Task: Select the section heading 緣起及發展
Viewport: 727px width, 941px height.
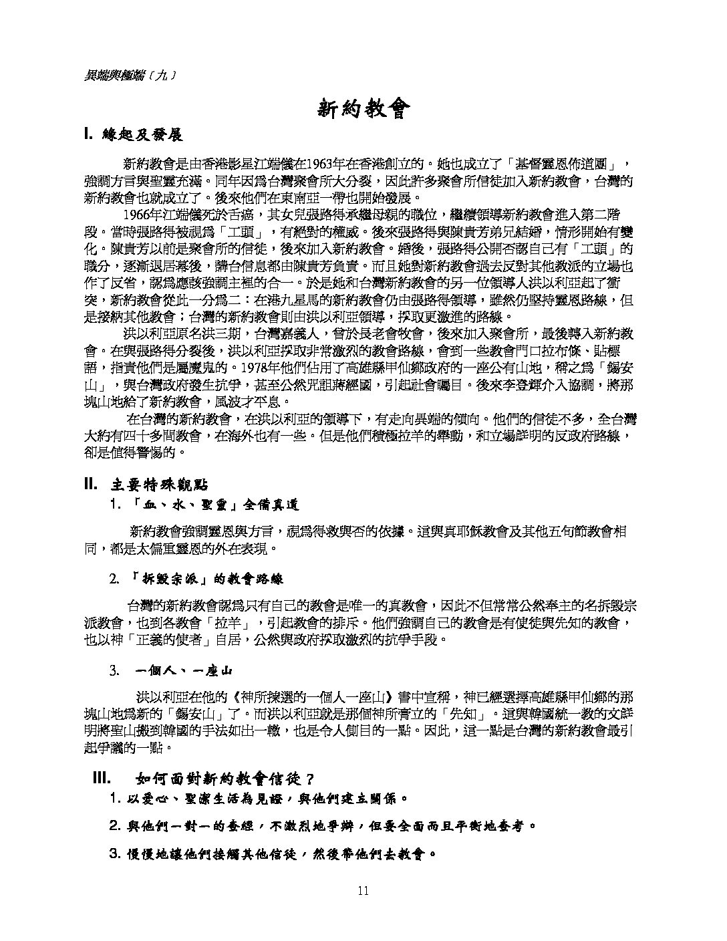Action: [x=142, y=134]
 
